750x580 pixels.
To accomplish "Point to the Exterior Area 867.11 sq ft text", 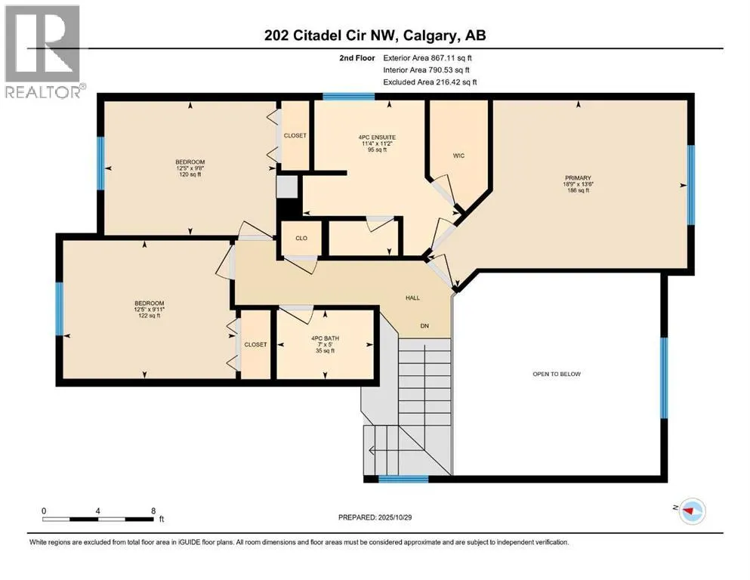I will pyautogui.click(x=430, y=57).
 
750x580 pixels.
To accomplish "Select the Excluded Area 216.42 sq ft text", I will pyautogui.click(x=430, y=82).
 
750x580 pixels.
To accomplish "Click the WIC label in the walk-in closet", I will pyautogui.click(x=458, y=156).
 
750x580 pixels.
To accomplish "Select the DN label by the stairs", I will pyautogui.click(x=425, y=326).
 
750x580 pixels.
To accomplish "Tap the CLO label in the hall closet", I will pyautogui.click(x=301, y=237).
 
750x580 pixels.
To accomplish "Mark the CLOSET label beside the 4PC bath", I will pyautogui.click(x=255, y=344).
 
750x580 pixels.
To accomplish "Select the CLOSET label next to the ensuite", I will pyautogui.click(x=295, y=136).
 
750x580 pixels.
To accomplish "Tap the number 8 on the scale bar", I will pyautogui.click(x=154, y=511).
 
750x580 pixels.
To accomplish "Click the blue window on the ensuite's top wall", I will pyautogui.click(x=348, y=97).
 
